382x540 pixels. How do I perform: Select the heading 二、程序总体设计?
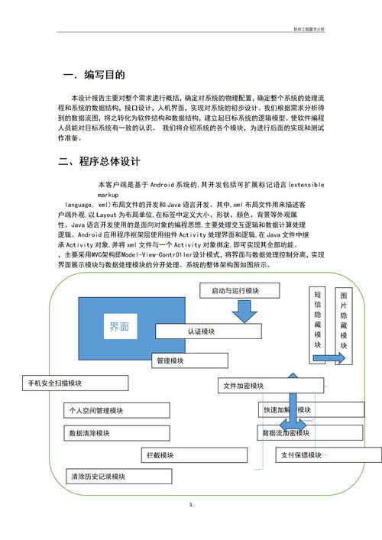99,162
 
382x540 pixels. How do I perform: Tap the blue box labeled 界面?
118,326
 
